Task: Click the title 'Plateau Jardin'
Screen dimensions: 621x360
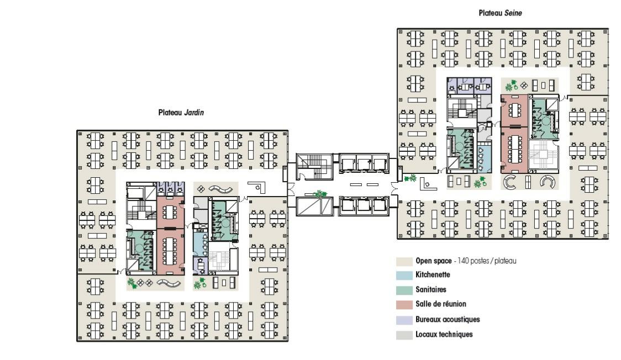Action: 181,113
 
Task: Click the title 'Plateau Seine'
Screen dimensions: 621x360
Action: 500,13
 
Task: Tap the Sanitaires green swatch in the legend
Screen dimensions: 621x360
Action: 404,290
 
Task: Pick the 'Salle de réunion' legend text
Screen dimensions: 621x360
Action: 441,304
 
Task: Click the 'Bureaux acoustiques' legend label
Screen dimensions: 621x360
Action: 448,319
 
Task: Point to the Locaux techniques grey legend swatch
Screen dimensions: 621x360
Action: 404,335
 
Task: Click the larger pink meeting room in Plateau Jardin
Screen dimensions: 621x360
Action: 171,252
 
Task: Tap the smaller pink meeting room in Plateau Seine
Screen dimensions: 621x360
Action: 514,110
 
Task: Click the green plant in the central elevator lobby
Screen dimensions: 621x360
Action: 319,193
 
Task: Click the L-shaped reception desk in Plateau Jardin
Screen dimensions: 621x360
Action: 257,187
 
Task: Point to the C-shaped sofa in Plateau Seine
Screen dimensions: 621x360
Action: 509,182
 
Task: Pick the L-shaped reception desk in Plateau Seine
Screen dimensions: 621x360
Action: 427,184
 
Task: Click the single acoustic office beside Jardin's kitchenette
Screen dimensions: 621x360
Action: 201,266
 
